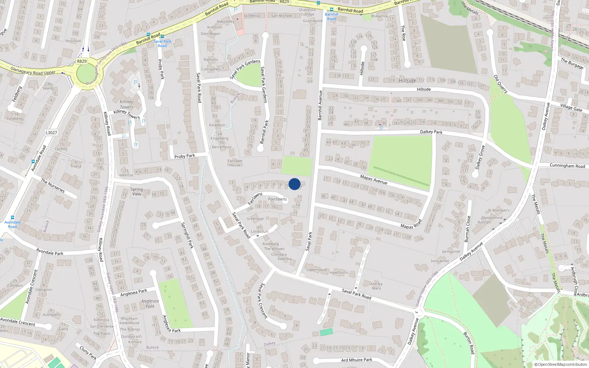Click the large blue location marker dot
coord(294,184)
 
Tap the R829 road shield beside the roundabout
coord(82,61)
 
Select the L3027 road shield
coord(51,132)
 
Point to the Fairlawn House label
coord(234,163)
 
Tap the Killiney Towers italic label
coord(126,104)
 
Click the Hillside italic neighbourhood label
coord(407,81)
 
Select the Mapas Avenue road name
coord(373,179)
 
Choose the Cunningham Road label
coord(567,166)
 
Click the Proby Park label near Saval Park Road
coord(184,156)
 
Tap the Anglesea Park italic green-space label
coord(150,303)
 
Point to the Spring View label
coord(137,191)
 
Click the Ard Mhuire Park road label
coord(356,360)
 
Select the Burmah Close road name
coord(467,229)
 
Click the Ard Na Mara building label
coord(376,286)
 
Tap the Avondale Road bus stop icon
coord(13,217)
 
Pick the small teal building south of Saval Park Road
coord(326,332)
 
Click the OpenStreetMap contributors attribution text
coord(561,365)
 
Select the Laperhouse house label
coord(317,270)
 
